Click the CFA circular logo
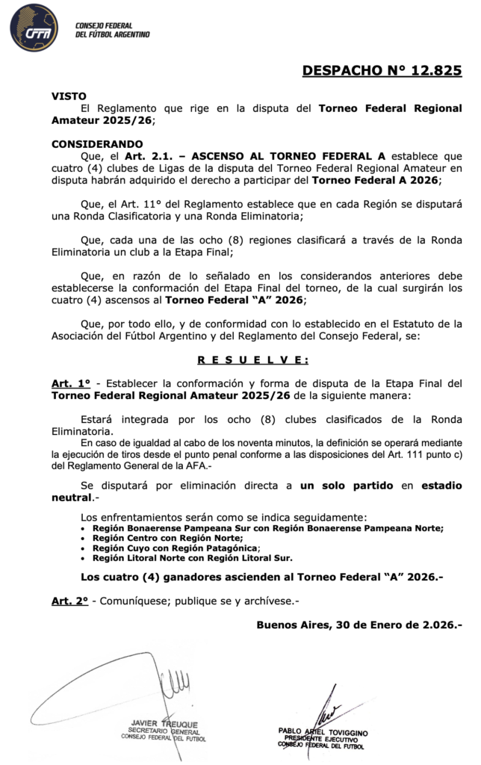click(x=34, y=28)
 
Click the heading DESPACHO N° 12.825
click(x=382, y=71)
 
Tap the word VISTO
click(x=69, y=96)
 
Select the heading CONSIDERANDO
click(x=96, y=143)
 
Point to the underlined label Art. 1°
click(x=70, y=382)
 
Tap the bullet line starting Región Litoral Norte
click(x=192, y=557)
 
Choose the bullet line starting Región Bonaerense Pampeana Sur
click(x=267, y=527)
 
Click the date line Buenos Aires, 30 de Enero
click(x=359, y=625)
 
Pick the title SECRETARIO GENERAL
click(x=158, y=731)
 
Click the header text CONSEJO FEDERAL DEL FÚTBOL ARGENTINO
click(x=113, y=30)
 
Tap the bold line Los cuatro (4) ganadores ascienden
click(x=261, y=577)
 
